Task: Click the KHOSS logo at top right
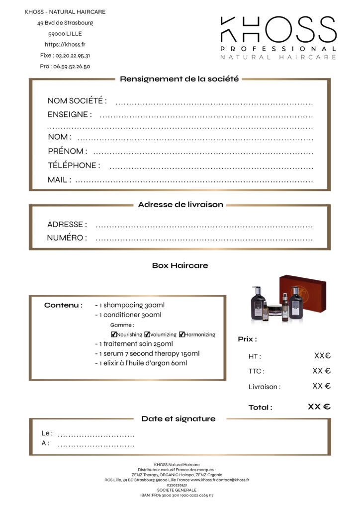coord(278,37)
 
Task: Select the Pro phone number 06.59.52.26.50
coord(65,67)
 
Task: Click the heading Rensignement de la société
coord(180,79)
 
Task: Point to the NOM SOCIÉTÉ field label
coord(77,101)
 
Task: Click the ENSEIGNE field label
coord(70,114)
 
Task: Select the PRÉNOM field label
coord(68,151)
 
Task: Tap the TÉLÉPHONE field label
coord(74,166)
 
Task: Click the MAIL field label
coord(59,180)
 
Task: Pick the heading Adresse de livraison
coord(180,205)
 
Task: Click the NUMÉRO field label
coord(67,238)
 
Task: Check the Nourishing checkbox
coord(114,335)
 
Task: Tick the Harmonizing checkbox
coord(182,335)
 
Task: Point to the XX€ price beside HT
coord(322,356)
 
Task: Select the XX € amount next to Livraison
coord(322,386)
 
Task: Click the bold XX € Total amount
coord(319,407)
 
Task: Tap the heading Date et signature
coord(179,419)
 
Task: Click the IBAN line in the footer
coord(180,496)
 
